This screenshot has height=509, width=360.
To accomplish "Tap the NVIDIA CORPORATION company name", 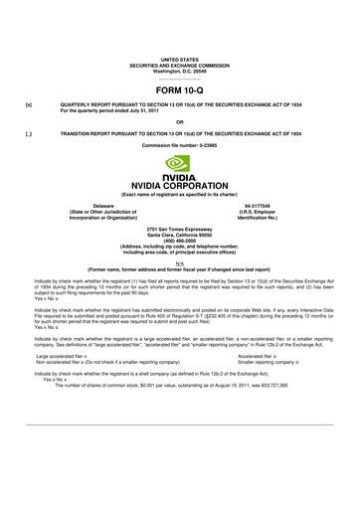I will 180,184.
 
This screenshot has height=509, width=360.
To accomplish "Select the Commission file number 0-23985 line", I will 180,144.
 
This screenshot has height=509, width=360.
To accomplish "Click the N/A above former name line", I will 180,261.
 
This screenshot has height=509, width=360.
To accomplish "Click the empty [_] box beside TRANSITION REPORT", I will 29,132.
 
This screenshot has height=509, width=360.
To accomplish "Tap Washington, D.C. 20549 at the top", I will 180,72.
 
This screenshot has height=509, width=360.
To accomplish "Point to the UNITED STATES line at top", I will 180,60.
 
